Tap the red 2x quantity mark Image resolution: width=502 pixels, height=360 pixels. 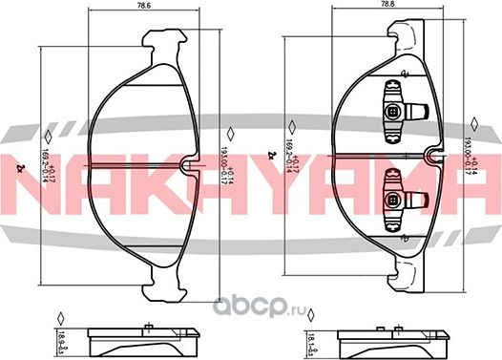click(x=21, y=169)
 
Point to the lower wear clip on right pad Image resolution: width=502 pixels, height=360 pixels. click(x=393, y=193)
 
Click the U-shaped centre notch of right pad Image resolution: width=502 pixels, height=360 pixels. click(x=436, y=159)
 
